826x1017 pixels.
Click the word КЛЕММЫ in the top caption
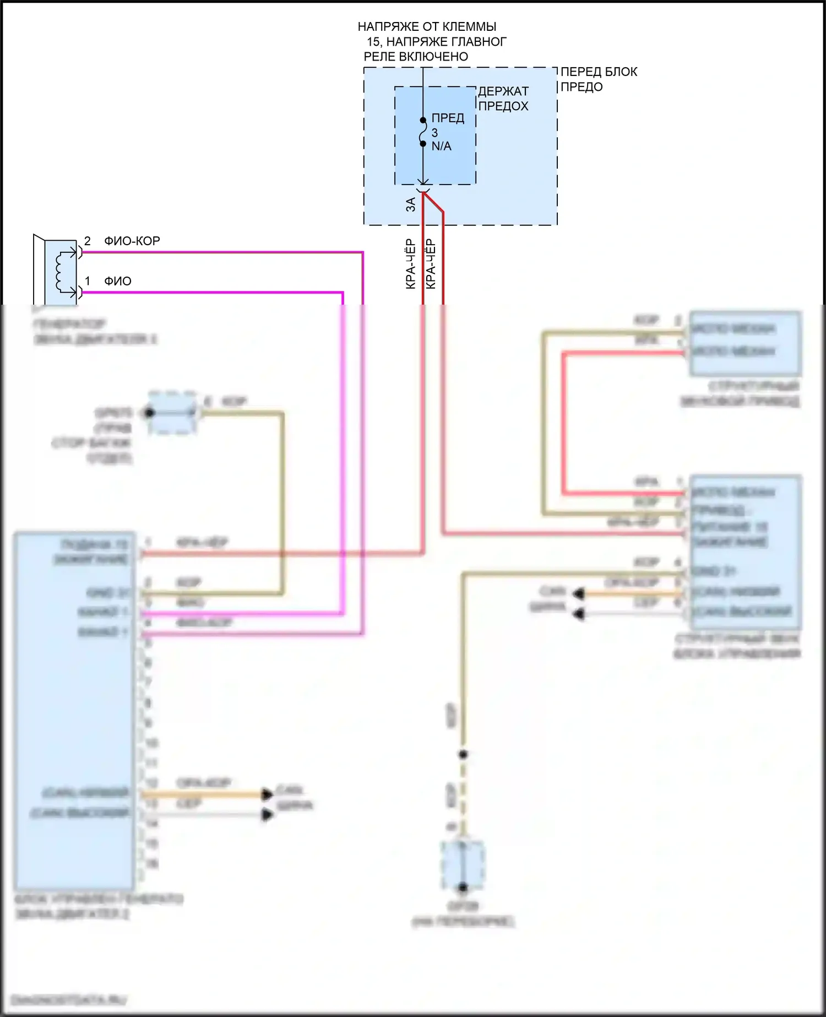coord(469,26)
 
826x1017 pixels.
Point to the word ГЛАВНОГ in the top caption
coord(479,42)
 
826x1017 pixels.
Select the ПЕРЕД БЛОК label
coord(599,72)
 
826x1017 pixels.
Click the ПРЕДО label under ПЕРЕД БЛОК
coord(581,87)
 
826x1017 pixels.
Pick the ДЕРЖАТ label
coord(503,91)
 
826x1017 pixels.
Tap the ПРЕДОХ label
coord(503,106)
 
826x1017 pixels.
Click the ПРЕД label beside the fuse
coord(448,118)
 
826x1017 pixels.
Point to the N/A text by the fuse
coord(441,147)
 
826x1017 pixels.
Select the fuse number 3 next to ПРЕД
coord(434,133)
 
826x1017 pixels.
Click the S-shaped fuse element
coord(423,132)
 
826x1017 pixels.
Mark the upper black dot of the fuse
coord(423,120)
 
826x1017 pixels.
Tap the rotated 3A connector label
coord(410,205)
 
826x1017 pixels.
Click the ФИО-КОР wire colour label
coord(132,241)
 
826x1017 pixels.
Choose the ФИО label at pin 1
coord(118,282)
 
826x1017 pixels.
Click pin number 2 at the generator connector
coord(88,241)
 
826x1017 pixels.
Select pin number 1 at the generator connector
coord(88,282)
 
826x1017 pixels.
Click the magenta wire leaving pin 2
coord(220,252)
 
